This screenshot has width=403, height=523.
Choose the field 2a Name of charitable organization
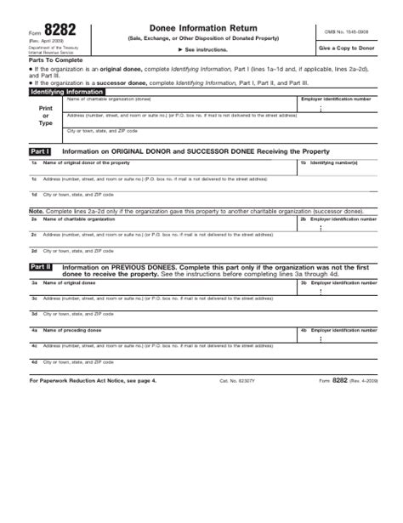tap(162, 221)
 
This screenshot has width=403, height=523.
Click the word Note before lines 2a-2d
tap(36, 209)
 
